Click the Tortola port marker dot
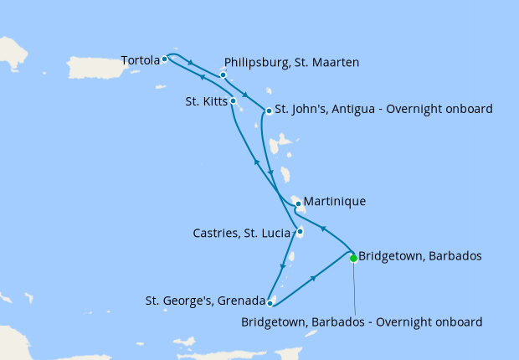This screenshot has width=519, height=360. click(x=165, y=59)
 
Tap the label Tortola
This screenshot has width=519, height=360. click(x=139, y=60)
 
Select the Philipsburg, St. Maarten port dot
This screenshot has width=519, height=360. click(x=224, y=75)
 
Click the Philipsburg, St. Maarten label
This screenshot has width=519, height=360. click(x=292, y=62)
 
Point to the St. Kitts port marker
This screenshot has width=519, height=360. click(x=234, y=101)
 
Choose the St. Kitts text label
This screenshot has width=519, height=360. click(x=203, y=101)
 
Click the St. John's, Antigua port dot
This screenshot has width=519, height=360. click(x=268, y=111)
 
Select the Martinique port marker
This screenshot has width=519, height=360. click(x=298, y=203)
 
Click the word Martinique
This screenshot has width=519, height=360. click(x=335, y=202)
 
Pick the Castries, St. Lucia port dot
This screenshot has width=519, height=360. click(x=300, y=232)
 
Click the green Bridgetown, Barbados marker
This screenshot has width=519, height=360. click(x=353, y=258)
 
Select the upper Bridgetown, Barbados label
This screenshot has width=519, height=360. click(x=419, y=256)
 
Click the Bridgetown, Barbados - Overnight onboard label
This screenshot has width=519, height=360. click(x=362, y=321)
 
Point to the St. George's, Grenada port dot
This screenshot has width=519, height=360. click(x=270, y=303)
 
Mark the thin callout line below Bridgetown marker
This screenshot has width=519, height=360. click(x=355, y=289)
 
